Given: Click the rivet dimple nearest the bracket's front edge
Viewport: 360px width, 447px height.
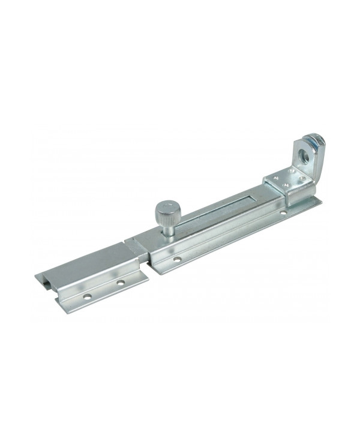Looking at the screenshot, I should (286, 185).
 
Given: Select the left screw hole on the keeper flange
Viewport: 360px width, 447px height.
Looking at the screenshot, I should (88, 296).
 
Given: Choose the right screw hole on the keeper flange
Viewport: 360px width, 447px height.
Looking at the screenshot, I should (121, 282).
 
